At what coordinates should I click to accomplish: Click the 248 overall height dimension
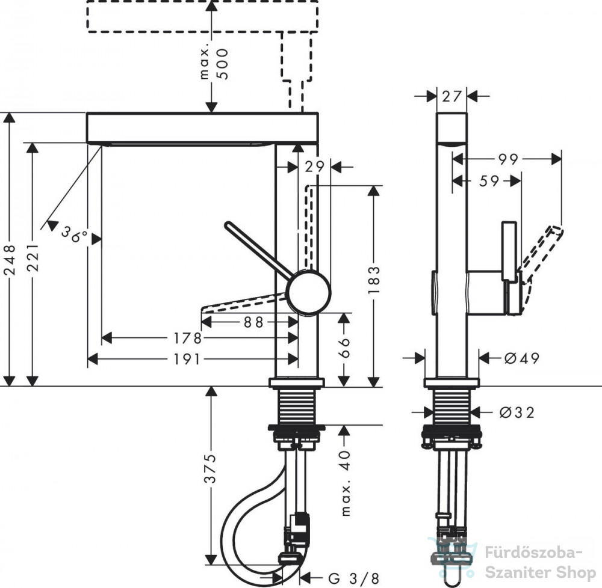tap(10, 260)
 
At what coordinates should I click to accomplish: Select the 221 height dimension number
tap(33, 257)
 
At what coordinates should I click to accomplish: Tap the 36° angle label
tap(73, 234)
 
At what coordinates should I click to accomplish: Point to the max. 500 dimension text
tap(215, 64)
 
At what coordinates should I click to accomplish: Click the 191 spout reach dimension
tap(187, 359)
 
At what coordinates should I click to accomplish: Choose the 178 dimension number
tap(187, 338)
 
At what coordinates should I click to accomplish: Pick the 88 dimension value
tap(253, 322)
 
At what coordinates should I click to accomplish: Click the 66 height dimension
tap(344, 348)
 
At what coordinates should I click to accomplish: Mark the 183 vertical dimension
tap(374, 280)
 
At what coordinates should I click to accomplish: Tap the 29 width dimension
tap(315, 167)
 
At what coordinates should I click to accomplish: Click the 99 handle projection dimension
tap(508, 159)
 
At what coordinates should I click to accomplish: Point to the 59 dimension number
tap(489, 181)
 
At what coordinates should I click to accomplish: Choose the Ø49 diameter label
tap(522, 358)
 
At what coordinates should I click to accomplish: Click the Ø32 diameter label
tap(517, 412)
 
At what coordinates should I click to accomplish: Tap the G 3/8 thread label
tap(354, 578)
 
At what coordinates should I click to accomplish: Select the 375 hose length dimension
tap(210, 468)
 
